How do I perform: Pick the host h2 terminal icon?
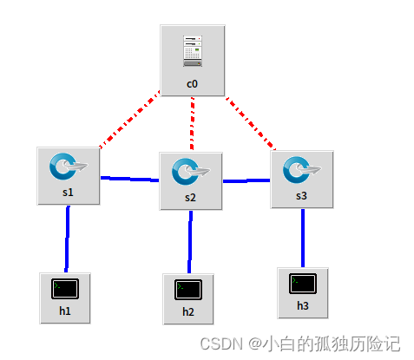[188, 289]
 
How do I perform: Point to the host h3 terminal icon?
[303, 283]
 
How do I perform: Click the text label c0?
[193, 84]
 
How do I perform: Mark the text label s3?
[301, 196]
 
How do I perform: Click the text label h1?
[65, 311]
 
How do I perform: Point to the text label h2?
[188, 311]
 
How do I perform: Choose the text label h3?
[303, 305]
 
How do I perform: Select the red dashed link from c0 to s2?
[193, 122]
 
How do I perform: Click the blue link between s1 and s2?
[130, 179]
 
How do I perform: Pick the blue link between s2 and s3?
[247, 181]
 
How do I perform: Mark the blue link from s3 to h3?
[303, 238]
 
